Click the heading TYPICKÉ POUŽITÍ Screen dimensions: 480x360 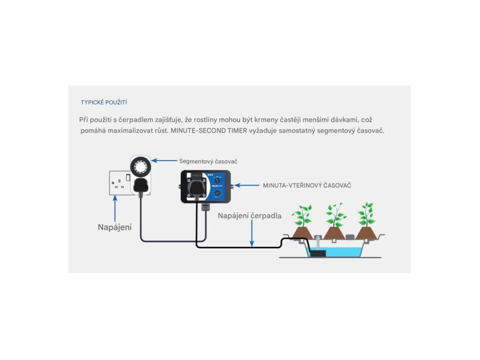[104, 102]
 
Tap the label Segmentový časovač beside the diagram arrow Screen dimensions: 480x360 [208, 161]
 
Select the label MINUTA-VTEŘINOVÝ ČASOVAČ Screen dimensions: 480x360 [307, 186]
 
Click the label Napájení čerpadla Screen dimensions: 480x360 [250, 216]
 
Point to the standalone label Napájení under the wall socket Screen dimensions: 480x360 [115, 227]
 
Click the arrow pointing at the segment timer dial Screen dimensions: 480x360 [164, 161]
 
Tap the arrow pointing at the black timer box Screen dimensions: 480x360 [247, 186]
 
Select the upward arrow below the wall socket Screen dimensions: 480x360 [114, 207]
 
